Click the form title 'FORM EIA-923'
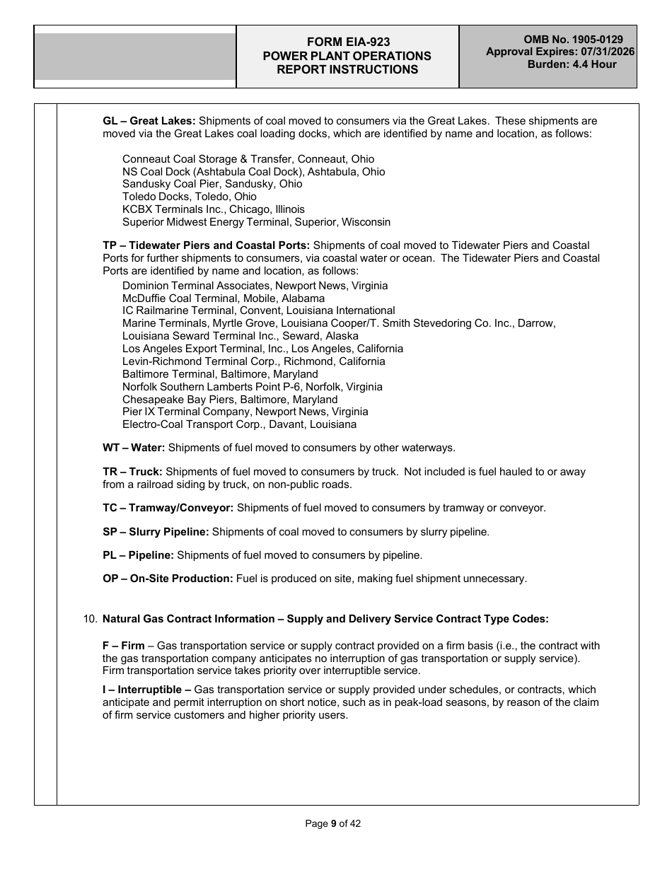click(347, 42)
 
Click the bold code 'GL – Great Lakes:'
click(149, 121)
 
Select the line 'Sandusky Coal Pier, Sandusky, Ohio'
click(212, 184)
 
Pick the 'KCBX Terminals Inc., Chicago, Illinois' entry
click(214, 209)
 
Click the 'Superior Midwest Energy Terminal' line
click(256, 222)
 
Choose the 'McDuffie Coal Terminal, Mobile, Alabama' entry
click(224, 298)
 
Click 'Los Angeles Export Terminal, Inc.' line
click(262, 349)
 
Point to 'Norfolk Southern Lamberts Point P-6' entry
click(253, 387)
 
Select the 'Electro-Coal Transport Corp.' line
click(239, 424)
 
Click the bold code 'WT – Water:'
click(134, 448)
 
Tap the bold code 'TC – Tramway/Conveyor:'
click(168, 508)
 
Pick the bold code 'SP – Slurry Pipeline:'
click(156, 532)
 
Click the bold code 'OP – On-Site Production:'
click(168, 579)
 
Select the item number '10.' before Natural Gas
click(91, 619)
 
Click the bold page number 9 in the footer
click(333, 823)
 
